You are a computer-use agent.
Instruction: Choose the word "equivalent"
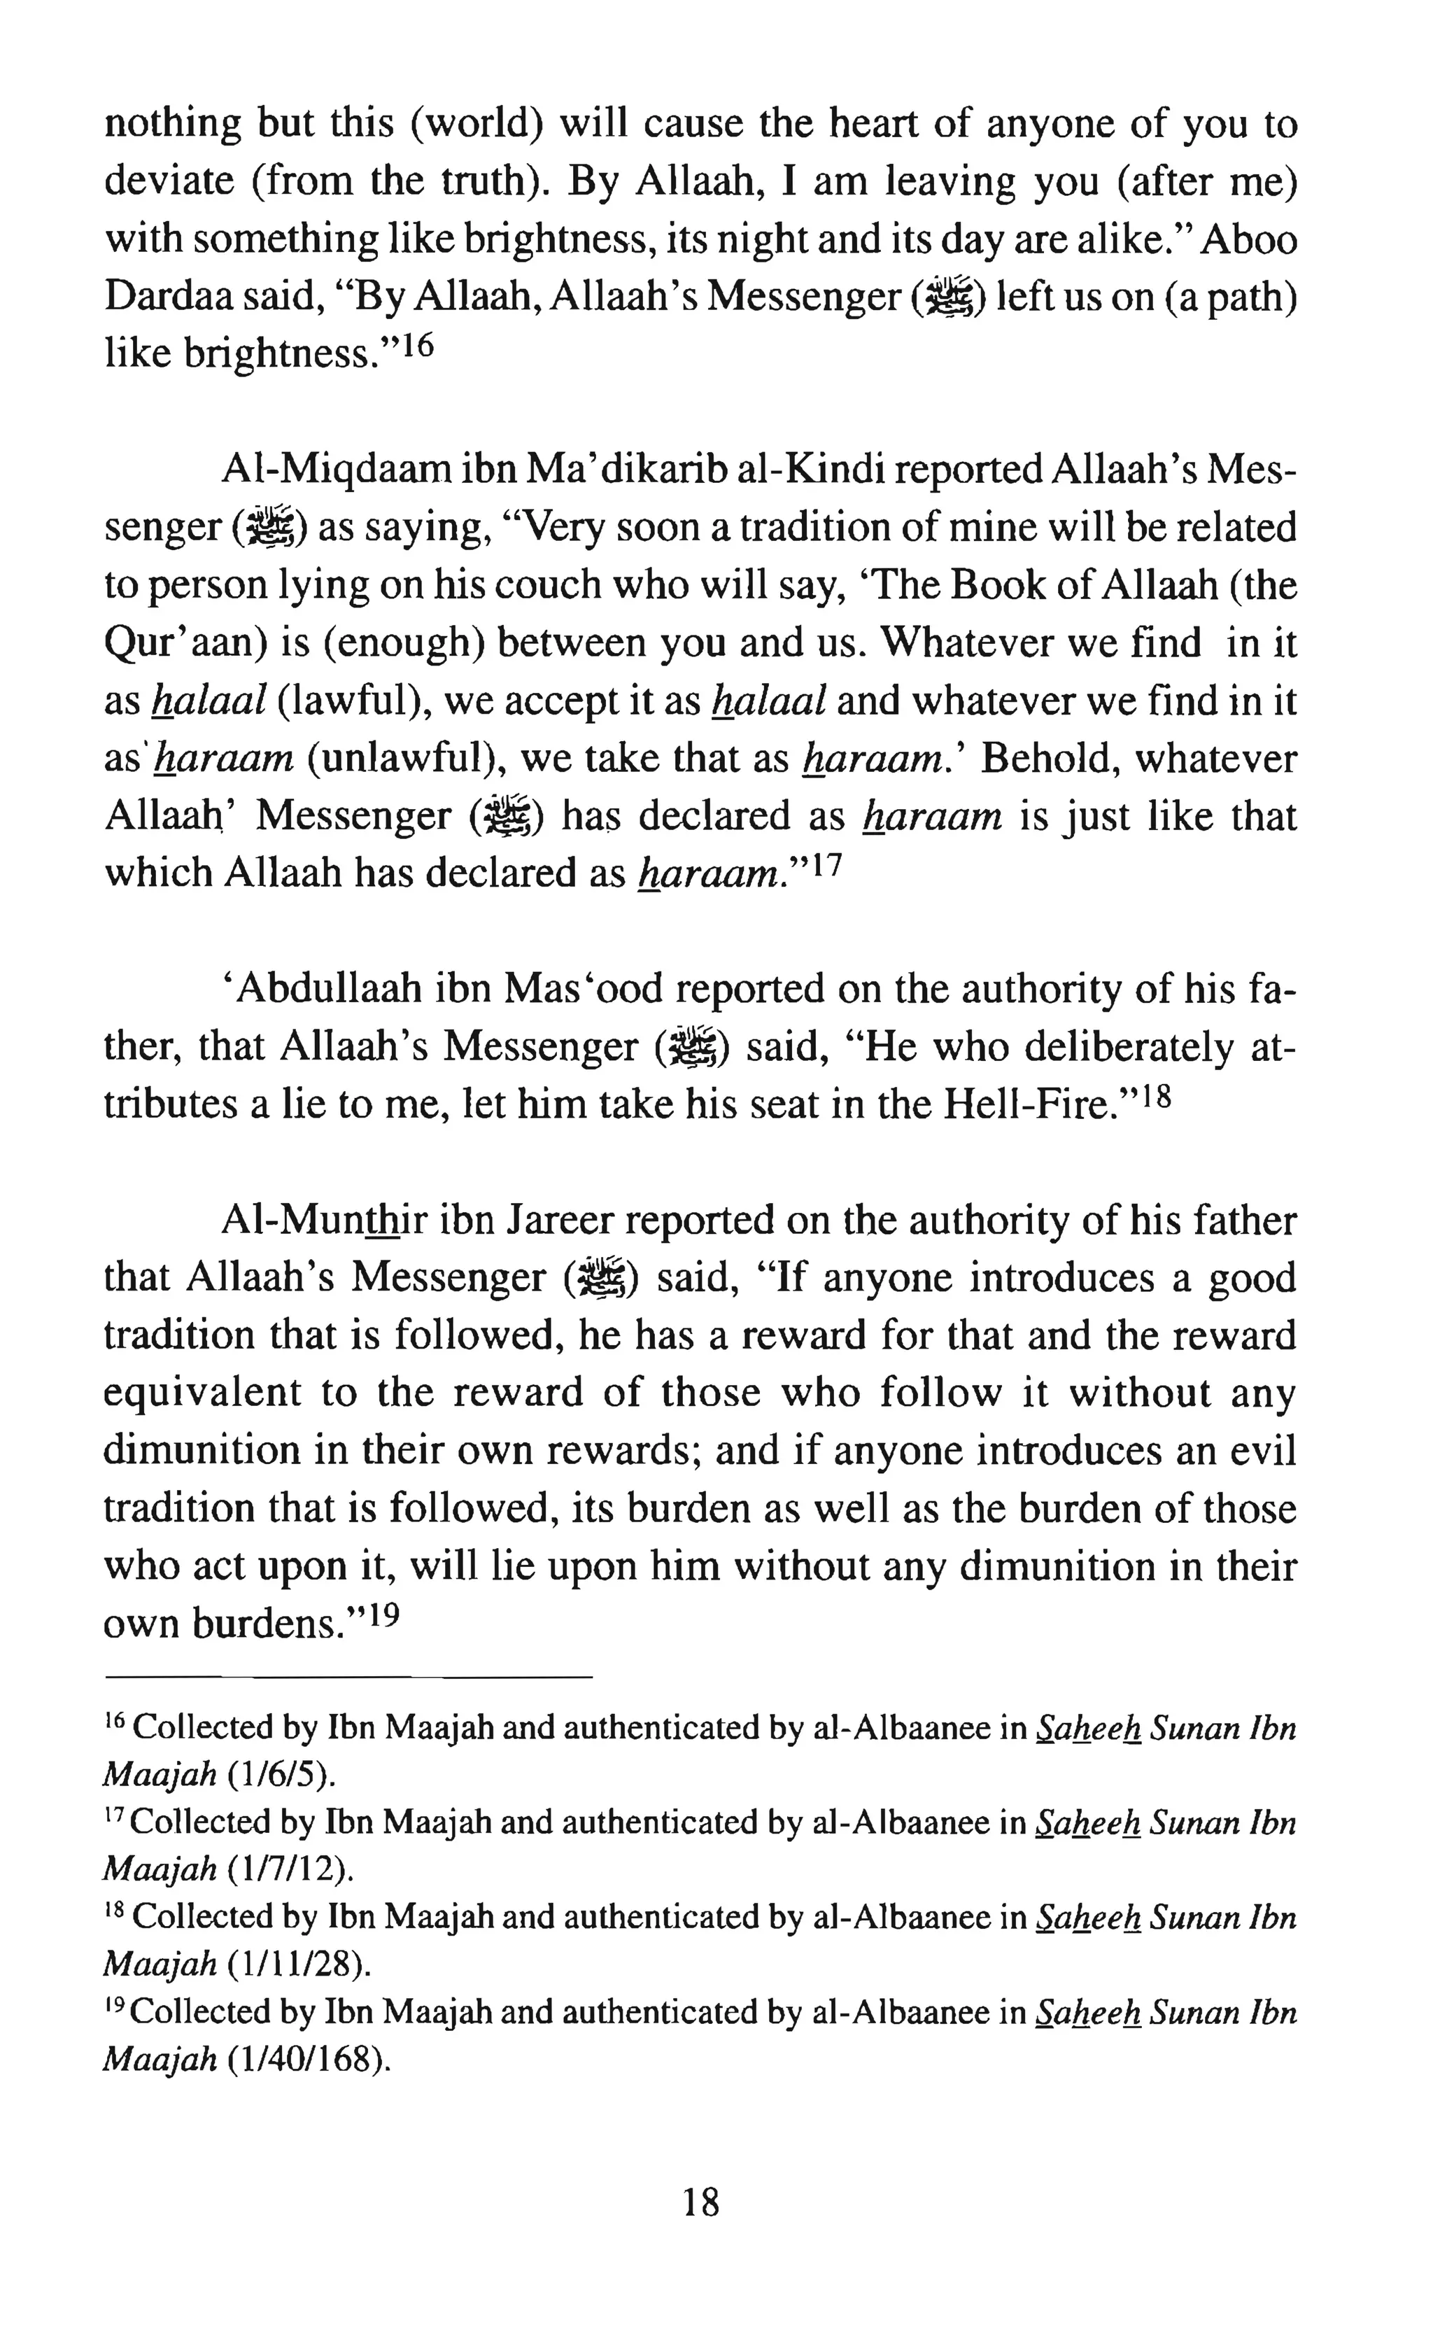202,1393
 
